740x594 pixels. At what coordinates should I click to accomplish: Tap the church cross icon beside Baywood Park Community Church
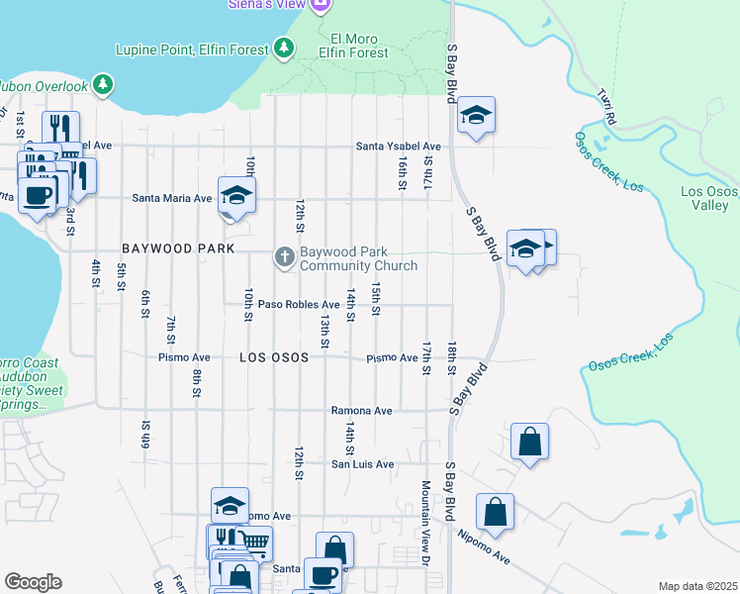[x=285, y=257]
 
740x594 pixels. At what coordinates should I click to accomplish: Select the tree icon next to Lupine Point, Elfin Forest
[x=284, y=48]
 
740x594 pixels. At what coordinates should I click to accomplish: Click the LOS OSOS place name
[x=281, y=357]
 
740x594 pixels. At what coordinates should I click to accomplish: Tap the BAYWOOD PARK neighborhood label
[x=178, y=248]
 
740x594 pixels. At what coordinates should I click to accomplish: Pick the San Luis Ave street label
[x=362, y=463]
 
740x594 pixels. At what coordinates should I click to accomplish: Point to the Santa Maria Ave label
[x=173, y=198]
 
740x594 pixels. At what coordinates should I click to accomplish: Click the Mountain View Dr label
[x=425, y=523]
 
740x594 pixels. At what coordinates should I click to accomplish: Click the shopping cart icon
[x=254, y=542]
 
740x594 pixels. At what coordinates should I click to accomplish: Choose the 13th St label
[x=324, y=333]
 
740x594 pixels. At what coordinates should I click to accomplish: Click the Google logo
[x=33, y=582]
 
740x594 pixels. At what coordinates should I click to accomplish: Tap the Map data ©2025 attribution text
[x=696, y=586]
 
